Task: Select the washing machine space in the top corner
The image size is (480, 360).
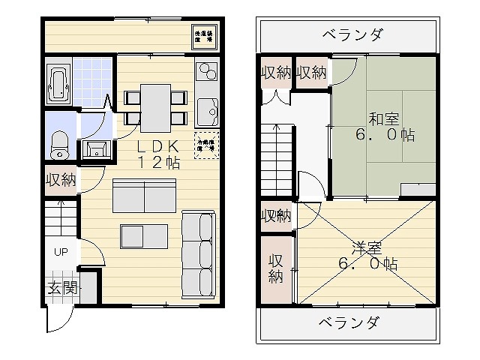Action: (x=205, y=37)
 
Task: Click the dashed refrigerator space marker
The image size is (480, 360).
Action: (x=205, y=142)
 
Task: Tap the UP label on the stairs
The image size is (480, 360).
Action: (x=60, y=252)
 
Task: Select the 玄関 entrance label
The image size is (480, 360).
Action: (x=61, y=288)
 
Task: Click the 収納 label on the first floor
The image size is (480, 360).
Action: (x=60, y=179)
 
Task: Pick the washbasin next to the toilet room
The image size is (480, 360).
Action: (x=94, y=148)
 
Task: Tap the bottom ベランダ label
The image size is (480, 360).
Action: (x=346, y=323)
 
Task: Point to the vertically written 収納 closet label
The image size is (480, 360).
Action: (x=276, y=268)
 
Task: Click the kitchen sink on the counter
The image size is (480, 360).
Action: (x=206, y=114)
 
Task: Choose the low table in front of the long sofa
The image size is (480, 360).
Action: (x=144, y=235)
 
